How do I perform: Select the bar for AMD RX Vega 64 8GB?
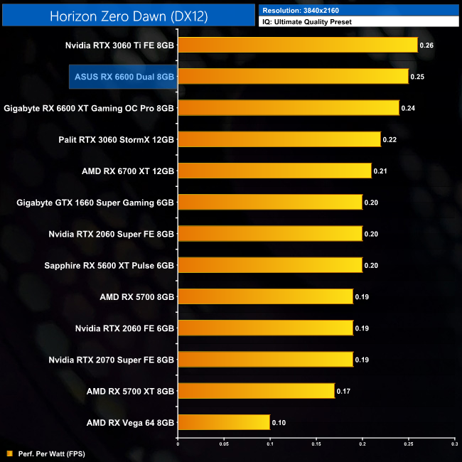click(x=223, y=422)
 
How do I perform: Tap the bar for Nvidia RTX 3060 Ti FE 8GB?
click(x=297, y=45)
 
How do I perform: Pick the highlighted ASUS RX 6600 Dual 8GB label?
click(x=122, y=77)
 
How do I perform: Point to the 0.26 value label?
click(x=426, y=45)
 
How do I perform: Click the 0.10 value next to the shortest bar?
click(x=279, y=422)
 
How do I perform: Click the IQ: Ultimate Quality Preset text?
click(x=307, y=22)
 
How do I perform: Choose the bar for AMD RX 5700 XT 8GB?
click(x=256, y=390)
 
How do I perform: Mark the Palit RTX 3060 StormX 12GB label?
click(x=116, y=139)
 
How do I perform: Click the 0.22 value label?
click(x=390, y=139)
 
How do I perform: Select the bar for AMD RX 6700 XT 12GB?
click(x=274, y=171)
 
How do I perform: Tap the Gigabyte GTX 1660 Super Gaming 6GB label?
click(x=95, y=203)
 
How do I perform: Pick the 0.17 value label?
click(x=343, y=390)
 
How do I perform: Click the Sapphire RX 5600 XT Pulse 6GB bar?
click(x=269, y=265)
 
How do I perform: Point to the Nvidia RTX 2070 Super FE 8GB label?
click(x=112, y=360)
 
